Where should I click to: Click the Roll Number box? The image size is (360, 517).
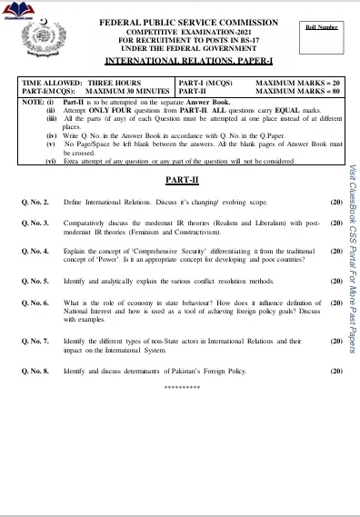click(x=321, y=27)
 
